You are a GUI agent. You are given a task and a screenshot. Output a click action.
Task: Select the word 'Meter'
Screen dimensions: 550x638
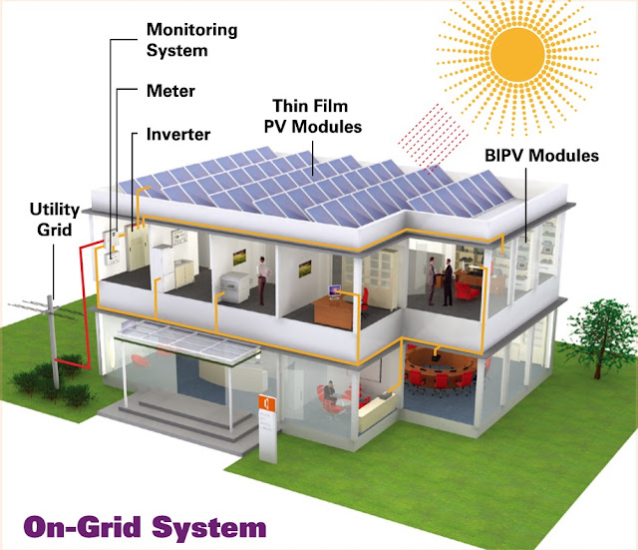tap(170, 91)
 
